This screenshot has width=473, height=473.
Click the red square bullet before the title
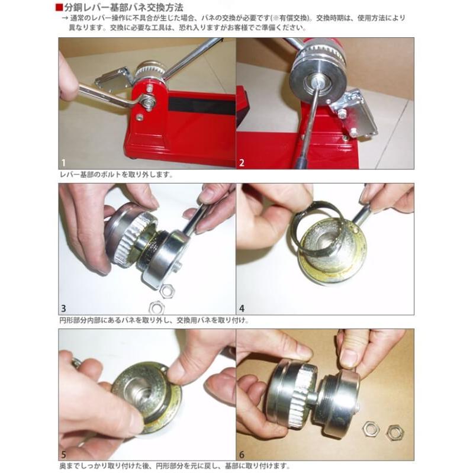[x=59, y=8]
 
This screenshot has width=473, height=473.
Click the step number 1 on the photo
[x=63, y=163]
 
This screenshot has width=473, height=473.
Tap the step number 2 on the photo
[x=242, y=163]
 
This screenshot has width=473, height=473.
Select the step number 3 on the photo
[x=63, y=308]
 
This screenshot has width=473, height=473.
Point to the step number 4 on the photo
[x=242, y=308]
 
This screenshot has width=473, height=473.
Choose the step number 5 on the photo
[x=63, y=455]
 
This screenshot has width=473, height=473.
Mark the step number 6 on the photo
[x=242, y=455]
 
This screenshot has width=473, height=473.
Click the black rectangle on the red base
[x=202, y=105]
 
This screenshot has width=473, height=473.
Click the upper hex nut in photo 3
[x=167, y=291]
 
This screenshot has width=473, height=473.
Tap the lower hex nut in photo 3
[x=156, y=308]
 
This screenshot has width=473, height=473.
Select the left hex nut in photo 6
[x=371, y=429]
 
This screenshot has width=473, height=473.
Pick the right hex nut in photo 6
[x=394, y=433]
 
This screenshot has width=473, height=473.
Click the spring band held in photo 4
[x=318, y=227]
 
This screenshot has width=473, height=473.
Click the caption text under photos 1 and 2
[x=116, y=175]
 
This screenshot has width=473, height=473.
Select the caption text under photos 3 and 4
[x=154, y=320]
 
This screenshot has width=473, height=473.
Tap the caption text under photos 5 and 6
[x=175, y=466]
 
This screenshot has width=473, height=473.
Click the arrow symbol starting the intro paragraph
[x=65, y=18]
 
